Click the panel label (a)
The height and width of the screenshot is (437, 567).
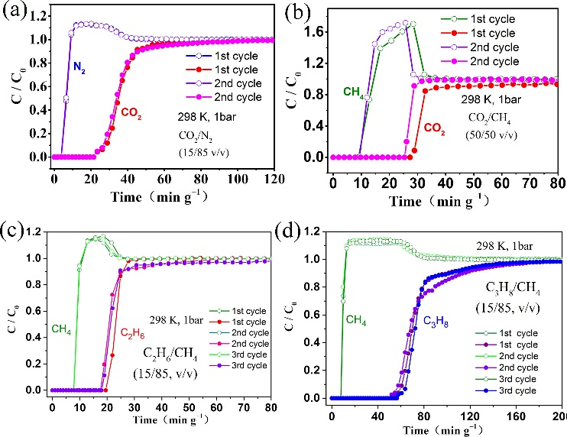pyautogui.click(x=15, y=11)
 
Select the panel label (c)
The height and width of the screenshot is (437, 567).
pyautogui.click(x=15, y=230)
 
